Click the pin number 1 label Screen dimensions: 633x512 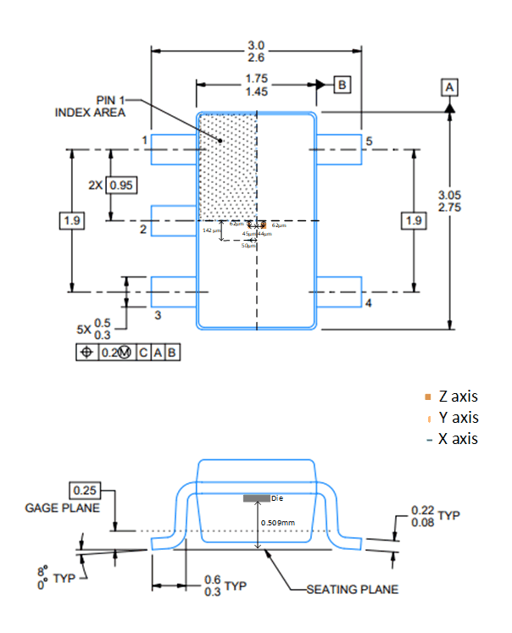pyautogui.click(x=145, y=140)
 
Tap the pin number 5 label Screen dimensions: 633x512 pyautogui.click(x=370, y=140)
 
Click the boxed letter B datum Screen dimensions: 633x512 pyautogui.click(x=342, y=86)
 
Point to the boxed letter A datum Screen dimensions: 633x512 pyautogui.click(x=449, y=87)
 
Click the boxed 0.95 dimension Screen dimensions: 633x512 pyautogui.click(x=123, y=186)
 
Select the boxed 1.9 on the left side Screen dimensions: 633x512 pyautogui.click(x=72, y=221)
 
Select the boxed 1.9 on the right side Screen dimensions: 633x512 pyautogui.click(x=413, y=221)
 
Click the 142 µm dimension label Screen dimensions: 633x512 pyautogui.click(x=210, y=230)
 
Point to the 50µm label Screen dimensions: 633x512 pyautogui.click(x=248, y=245)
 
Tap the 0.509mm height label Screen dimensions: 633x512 pyautogui.click(x=278, y=523)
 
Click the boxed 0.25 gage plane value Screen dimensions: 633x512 pyautogui.click(x=84, y=491)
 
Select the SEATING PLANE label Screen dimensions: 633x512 pyautogui.click(x=350, y=590)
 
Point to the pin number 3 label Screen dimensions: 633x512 pyautogui.click(x=158, y=315)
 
